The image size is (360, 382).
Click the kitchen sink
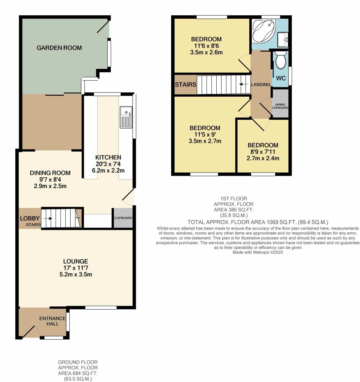pyautogui.click(x=126, y=117)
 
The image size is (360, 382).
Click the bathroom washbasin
pyautogui.click(x=283, y=40)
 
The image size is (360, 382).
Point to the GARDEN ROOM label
pyautogui.click(x=59, y=48)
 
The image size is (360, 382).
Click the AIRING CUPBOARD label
pyautogui.click(x=280, y=106)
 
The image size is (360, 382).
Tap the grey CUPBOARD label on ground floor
pyautogui.click(x=123, y=218)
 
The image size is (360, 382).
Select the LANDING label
pyautogui.click(x=261, y=84)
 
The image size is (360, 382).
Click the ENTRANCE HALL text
pyautogui.click(x=52, y=321)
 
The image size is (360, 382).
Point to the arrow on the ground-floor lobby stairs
pyautogui.click(x=48, y=218)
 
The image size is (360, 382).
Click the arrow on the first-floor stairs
pyautogui.click(x=244, y=84)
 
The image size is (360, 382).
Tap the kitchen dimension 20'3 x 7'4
pyautogui.click(x=108, y=164)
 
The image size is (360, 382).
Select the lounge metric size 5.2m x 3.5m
pyautogui.click(x=76, y=274)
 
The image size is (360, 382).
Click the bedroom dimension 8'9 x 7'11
pyautogui.click(x=263, y=152)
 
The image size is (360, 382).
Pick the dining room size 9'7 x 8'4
pyautogui.click(x=50, y=179)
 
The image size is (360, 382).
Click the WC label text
pyautogui.click(x=281, y=78)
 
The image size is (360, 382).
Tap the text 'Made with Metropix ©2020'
pyautogui.click(x=258, y=252)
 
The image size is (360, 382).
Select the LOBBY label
pyautogui.click(x=30, y=218)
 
